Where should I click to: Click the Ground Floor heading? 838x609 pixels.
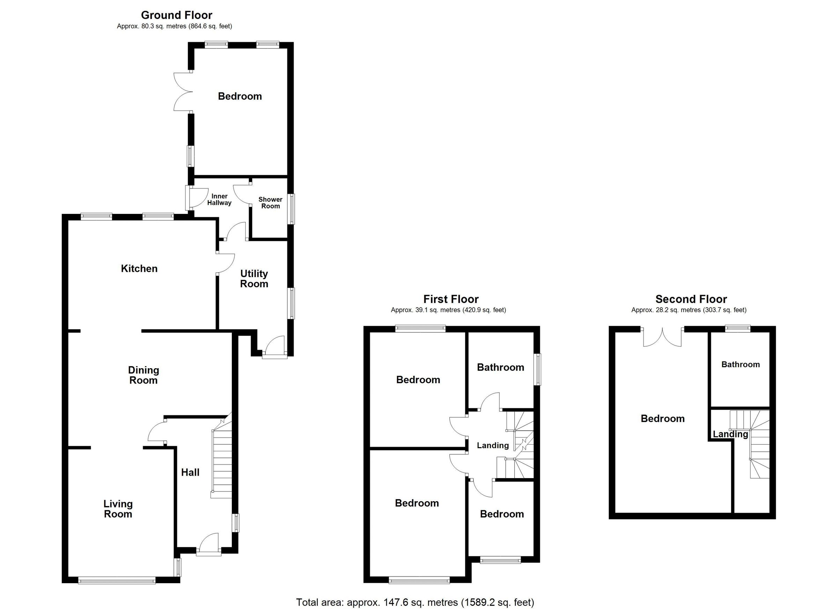tap(176, 15)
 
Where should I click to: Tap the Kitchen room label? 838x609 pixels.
tap(139, 268)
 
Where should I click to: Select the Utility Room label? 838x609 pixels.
tap(254, 279)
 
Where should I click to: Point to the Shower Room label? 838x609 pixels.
tap(271, 203)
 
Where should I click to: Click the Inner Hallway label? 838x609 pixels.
tap(219, 199)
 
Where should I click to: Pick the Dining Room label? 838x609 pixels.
tap(144, 375)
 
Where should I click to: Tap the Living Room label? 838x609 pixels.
tap(118, 509)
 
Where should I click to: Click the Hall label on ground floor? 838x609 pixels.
tap(190, 472)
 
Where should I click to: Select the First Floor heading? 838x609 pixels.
tap(451, 299)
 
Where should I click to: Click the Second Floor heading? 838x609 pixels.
tap(691, 299)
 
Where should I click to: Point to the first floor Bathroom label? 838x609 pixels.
tap(500, 367)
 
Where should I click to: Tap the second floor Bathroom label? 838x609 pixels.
tap(741, 364)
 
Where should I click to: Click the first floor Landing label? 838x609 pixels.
tap(493, 446)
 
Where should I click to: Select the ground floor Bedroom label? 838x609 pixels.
tap(240, 96)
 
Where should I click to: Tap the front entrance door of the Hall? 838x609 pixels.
tap(209, 545)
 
